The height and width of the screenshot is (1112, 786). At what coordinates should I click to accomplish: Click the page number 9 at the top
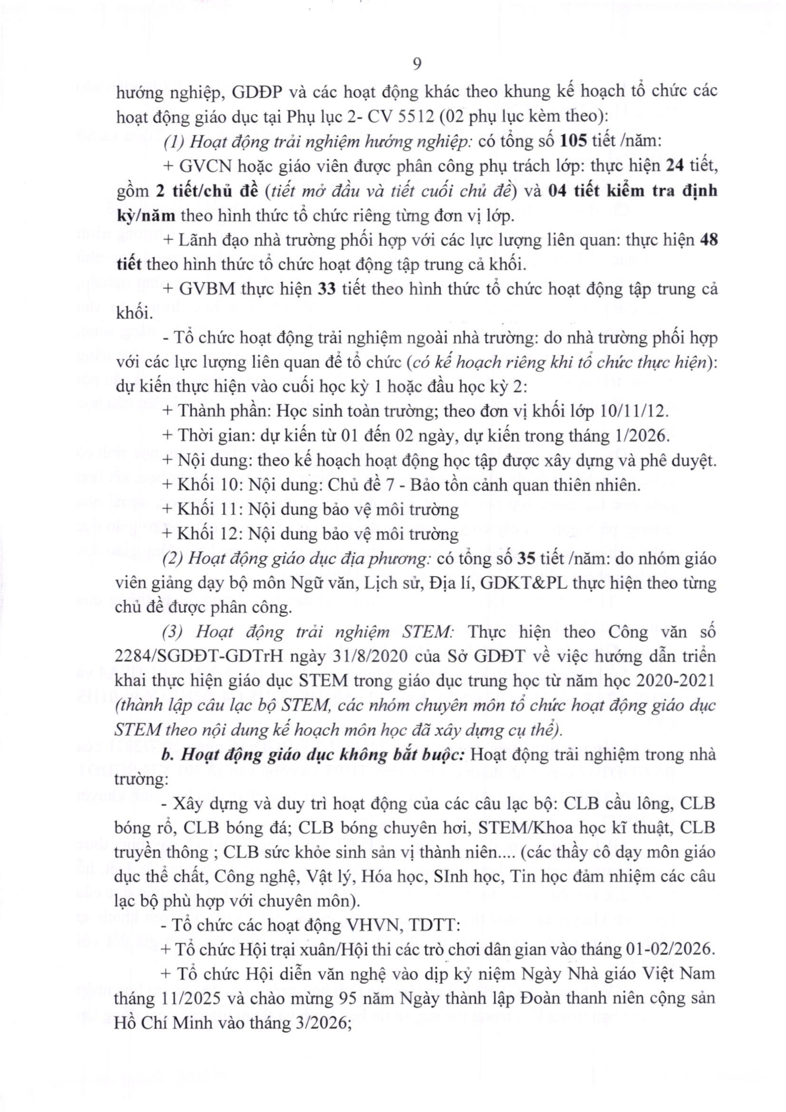tap(416, 64)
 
